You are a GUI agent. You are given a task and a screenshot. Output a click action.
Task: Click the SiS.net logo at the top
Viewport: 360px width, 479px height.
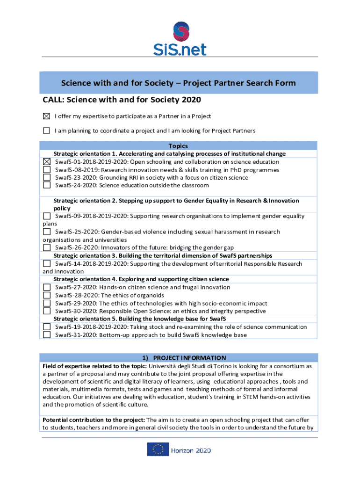coord(180,38)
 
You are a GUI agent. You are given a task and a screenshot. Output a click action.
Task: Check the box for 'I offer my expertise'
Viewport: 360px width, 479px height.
coord(46,116)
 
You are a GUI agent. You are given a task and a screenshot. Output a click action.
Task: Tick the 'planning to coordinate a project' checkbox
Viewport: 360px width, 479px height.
coord(46,131)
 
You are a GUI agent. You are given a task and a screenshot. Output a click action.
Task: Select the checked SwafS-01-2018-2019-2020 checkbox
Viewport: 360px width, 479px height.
coord(47,162)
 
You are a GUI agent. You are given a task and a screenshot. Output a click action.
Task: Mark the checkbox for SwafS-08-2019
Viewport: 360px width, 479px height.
coord(47,170)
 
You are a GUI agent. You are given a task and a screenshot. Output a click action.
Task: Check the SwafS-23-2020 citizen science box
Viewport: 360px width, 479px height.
coord(47,178)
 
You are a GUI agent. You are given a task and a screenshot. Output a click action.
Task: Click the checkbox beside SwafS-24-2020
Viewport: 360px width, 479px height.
coord(47,185)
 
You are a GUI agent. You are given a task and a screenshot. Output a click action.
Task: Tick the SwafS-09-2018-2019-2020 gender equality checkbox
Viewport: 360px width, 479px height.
coord(47,216)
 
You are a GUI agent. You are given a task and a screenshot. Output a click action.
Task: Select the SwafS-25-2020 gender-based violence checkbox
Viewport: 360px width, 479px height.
coord(47,232)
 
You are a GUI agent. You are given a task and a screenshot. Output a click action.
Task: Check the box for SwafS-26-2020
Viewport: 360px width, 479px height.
coord(47,247)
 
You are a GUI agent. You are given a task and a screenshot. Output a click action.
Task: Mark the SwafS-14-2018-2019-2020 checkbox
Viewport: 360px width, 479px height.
coord(47,264)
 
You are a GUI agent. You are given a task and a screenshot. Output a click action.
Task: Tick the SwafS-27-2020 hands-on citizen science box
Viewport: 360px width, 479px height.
coord(47,287)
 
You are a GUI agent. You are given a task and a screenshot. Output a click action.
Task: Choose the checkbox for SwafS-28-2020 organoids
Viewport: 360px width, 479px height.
coord(47,295)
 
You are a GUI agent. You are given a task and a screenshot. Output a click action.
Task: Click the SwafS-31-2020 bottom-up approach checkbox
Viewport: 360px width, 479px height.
coord(47,335)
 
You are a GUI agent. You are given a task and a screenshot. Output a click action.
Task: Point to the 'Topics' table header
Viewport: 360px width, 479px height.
coord(178,146)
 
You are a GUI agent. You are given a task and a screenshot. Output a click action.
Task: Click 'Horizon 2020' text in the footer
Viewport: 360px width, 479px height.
coord(190,450)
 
